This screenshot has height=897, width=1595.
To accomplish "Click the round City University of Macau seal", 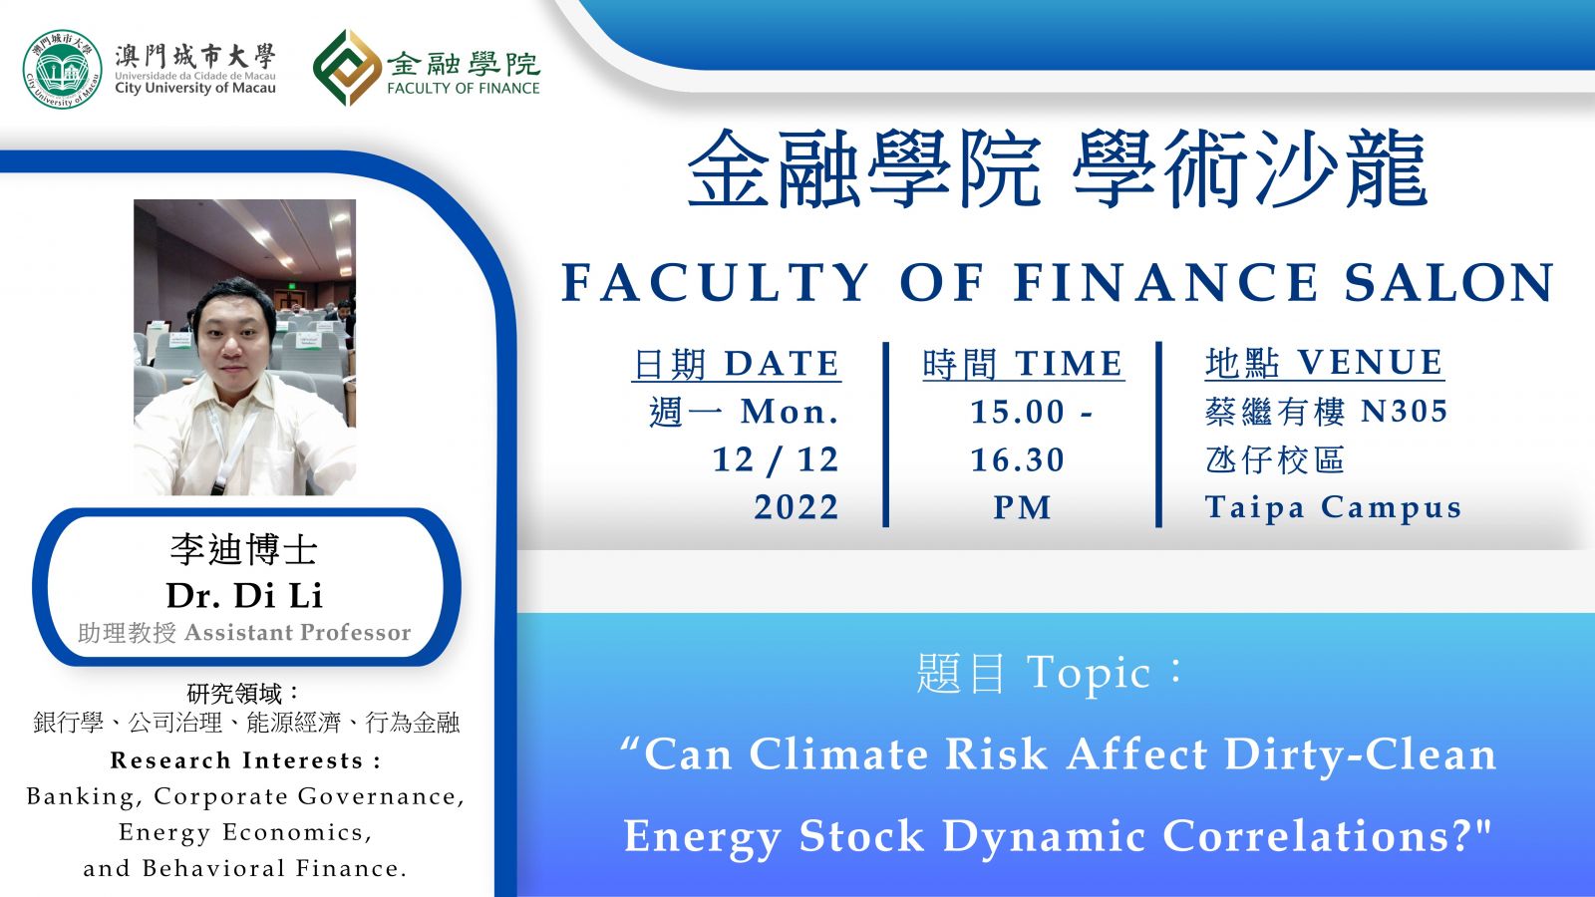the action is (63, 69).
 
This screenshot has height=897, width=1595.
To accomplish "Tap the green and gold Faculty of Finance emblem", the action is (347, 68).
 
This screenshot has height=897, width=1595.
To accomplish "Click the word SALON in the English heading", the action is (1449, 283).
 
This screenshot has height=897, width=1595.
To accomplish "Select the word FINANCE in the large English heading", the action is (1166, 283).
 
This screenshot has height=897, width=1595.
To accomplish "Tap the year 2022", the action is (797, 507).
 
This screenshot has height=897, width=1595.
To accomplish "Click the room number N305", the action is (1405, 412).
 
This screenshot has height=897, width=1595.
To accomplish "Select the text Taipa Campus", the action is (1333, 508).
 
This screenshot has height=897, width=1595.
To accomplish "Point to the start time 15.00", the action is (1018, 412).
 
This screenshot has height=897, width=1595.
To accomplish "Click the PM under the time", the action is (1023, 507).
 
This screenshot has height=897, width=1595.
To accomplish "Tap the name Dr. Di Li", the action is (244, 595).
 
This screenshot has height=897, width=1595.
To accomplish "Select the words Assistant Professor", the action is (298, 632).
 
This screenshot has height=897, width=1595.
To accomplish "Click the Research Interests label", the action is (245, 760).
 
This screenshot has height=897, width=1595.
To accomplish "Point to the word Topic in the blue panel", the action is (1088, 674).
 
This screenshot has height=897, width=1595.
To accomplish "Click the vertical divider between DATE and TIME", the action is (886, 435).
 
